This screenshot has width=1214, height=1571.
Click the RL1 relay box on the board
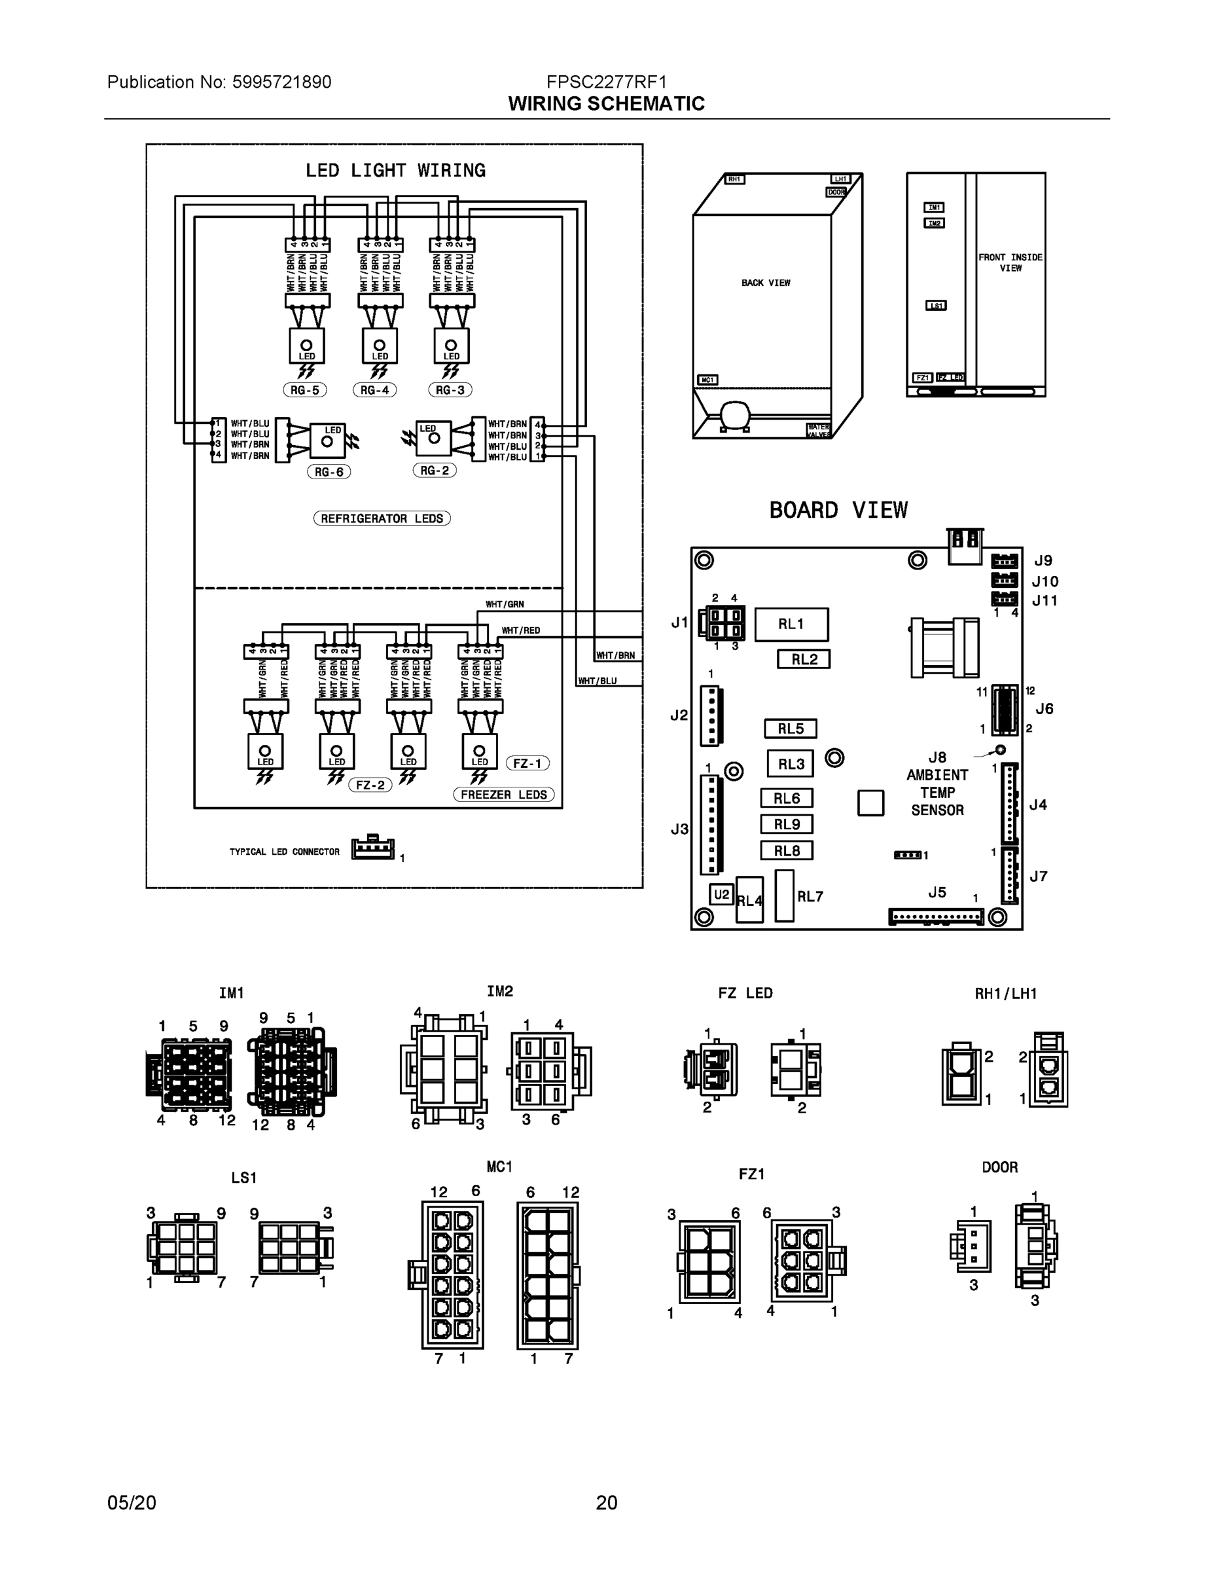tap(791, 624)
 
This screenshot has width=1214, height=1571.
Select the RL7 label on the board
tap(810, 896)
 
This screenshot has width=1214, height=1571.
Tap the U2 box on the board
tap(721, 894)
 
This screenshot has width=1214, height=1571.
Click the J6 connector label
tap(1044, 708)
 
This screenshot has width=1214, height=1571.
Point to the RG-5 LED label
tap(305, 390)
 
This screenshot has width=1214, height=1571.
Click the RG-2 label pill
tap(435, 471)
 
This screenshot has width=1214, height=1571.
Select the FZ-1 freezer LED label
tap(528, 763)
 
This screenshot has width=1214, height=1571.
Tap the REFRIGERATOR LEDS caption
tap(382, 518)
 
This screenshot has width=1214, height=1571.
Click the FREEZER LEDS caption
tap(503, 795)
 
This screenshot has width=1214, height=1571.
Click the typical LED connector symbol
tap(372, 850)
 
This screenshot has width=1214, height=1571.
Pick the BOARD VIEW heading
tap(838, 510)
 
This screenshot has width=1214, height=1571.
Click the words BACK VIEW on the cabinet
tap(765, 283)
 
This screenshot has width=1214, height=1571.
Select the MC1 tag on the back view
tap(707, 380)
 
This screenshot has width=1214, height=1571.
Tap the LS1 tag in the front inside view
tap(936, 306)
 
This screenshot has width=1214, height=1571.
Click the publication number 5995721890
tap(281, 82)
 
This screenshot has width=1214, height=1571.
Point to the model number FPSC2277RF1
tap(606, 82)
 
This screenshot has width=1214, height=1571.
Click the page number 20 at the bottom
tap(606, 1503)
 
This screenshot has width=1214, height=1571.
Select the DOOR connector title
tap(1000, 1166)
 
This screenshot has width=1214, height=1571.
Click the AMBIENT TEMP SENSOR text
tap(937, 793)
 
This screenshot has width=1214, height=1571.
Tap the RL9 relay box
tap(787, 824)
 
